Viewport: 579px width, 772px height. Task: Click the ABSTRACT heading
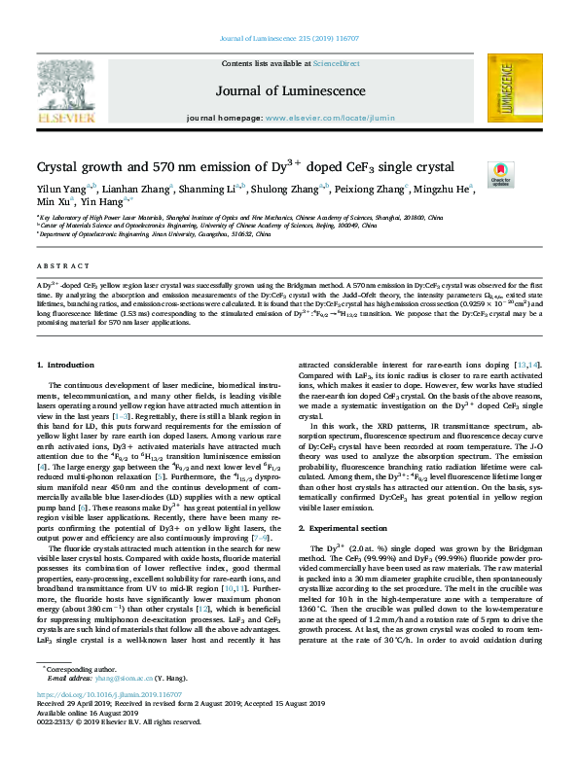click(x=56, y=263)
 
